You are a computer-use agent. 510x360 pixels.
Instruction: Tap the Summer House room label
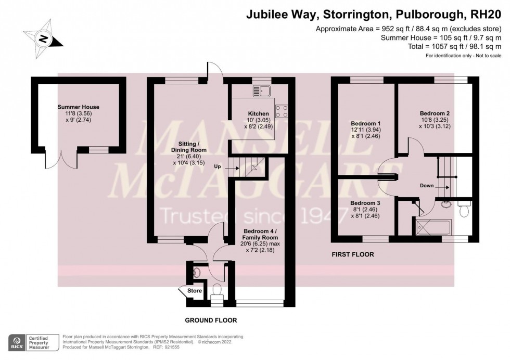pos(78,107)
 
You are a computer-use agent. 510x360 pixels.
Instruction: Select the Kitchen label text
pos(258,113)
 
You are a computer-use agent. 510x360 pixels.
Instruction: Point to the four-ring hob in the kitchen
pos(282,111)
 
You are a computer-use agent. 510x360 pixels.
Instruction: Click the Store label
pos(195,291)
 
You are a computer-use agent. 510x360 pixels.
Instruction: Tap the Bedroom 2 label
pos(435,113)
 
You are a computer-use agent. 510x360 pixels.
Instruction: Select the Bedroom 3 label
pos(365,203)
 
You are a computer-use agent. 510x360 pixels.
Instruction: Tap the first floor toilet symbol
pos(465,210)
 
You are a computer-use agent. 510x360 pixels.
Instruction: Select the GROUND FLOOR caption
pos(207,320)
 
